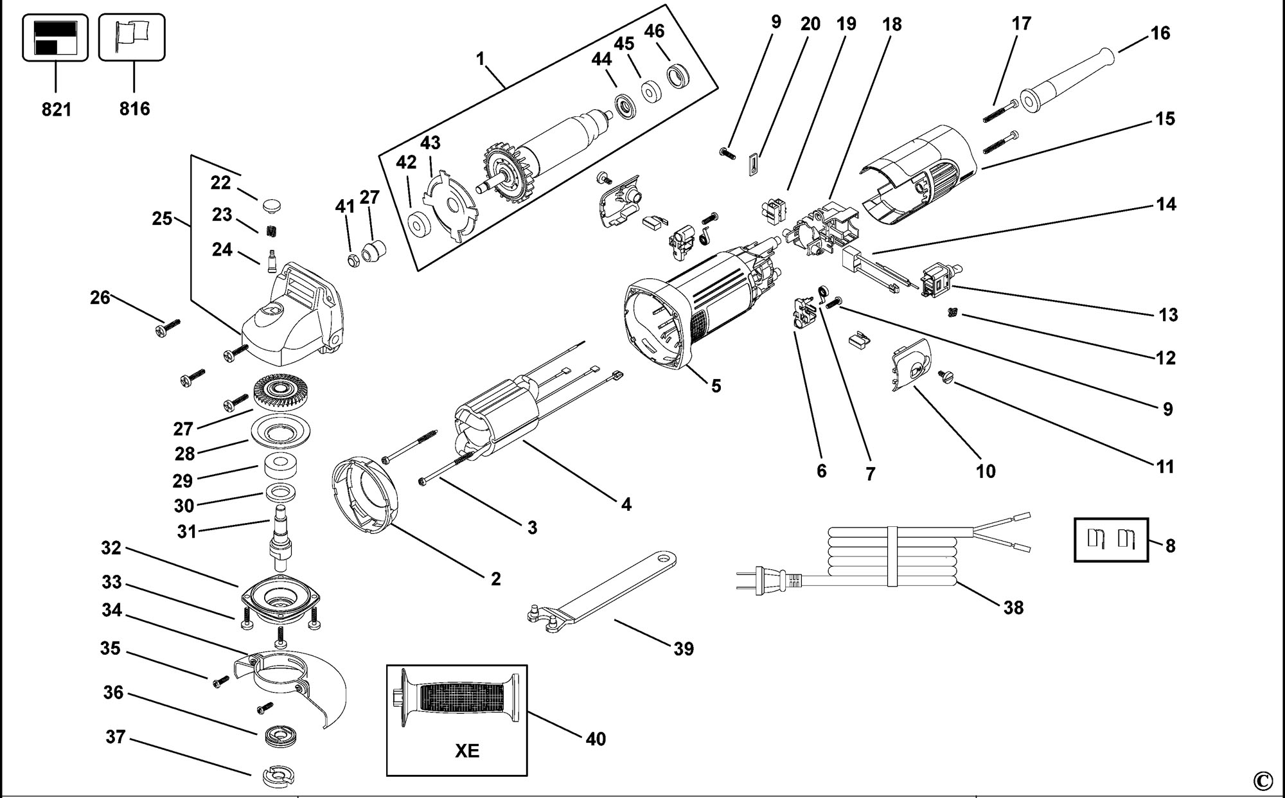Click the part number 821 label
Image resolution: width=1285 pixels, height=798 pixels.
[x=56, y=109]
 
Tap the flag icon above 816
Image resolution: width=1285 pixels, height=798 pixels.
[x=131, y=37]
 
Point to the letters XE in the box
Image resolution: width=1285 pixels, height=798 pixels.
[x=467, y=750]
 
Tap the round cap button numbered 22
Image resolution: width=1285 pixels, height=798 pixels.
[x=272, y=206]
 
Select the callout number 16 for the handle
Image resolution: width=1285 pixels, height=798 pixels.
[x=1160, y=33]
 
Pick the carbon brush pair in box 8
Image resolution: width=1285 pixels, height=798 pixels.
[x=1111, y=539]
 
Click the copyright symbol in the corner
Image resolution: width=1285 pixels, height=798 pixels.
[x=1262, y=781]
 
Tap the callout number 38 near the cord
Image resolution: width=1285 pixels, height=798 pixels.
[x=1013, y=607]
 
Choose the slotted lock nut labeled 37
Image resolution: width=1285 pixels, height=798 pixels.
[x=278, y=776]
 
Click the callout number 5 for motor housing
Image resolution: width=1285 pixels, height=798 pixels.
[x=716, y=386]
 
